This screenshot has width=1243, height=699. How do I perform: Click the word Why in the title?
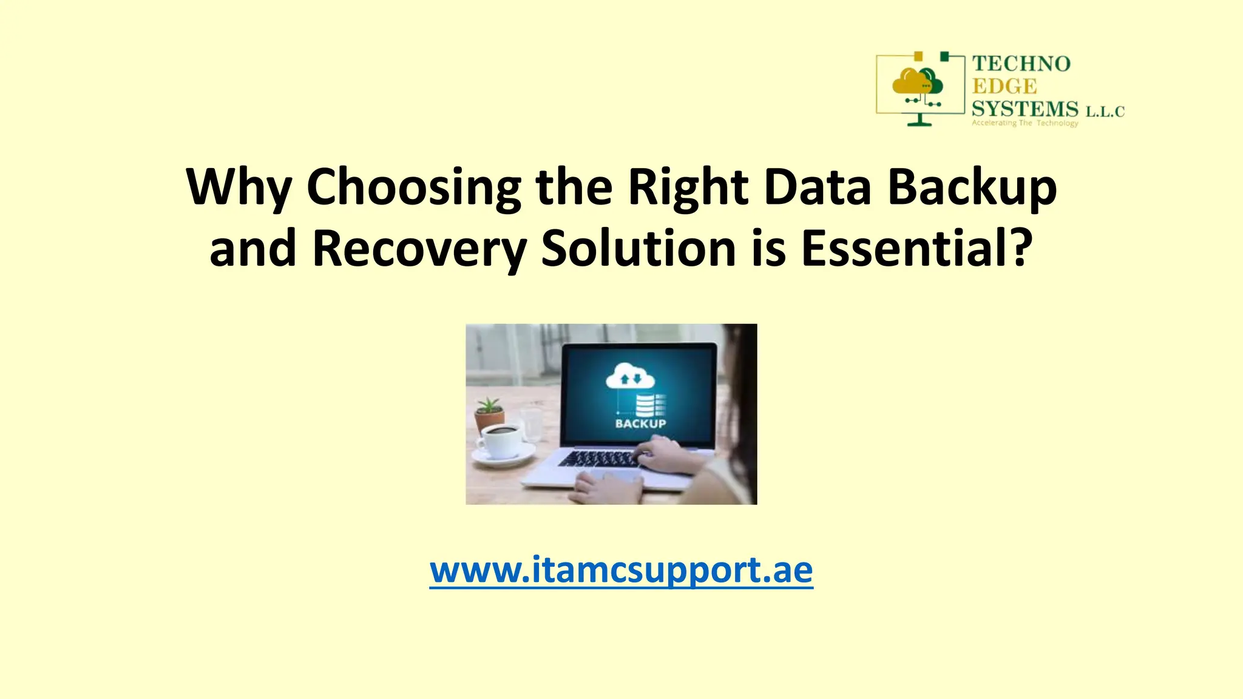tap(239, 187)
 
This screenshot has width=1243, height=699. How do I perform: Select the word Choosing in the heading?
tap(413, 187)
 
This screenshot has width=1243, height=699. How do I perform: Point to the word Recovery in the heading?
tap(419, 249)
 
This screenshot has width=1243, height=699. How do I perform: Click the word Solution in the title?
tap(638, 249)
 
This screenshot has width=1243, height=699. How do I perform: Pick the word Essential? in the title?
tap(916, 249)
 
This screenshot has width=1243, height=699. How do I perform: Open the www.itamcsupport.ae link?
tap(621, 570)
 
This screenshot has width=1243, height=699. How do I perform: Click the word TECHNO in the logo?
tap(1021, 64)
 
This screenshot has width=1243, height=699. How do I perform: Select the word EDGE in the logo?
tap(1004, 86)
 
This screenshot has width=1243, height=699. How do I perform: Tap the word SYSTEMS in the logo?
tap(1025, 109)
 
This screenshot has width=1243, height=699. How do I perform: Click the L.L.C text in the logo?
tap(1105, 112)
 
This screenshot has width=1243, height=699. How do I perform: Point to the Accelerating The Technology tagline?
tap(1025, 123)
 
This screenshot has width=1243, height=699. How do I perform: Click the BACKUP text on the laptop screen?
tap(640, 424)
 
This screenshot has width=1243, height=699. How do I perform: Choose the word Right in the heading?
tap(687, 187)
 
